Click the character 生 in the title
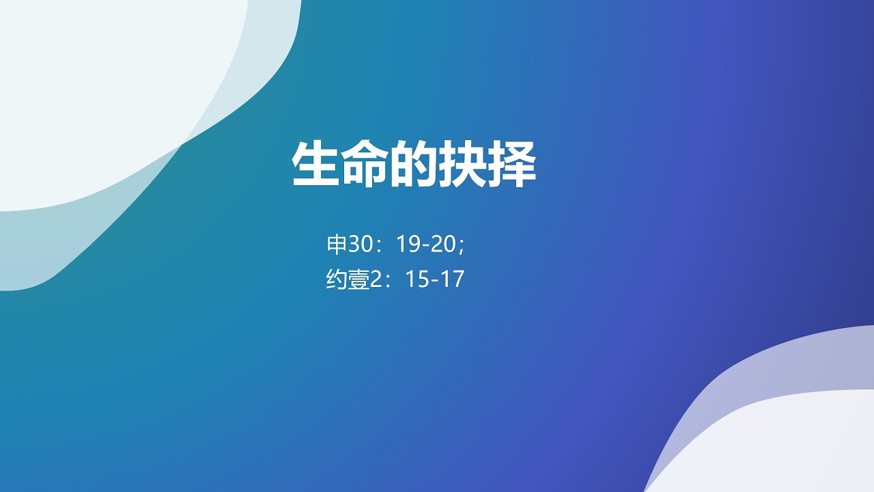point(316,165)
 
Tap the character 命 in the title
point(365,165)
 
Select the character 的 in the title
point(414,165)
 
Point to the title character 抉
point(464,165)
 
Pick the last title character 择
point(513,165)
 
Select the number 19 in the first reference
point(408,244)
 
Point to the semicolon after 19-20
point(462,246)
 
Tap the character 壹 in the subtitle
point(358,279)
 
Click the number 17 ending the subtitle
point(453,279)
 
